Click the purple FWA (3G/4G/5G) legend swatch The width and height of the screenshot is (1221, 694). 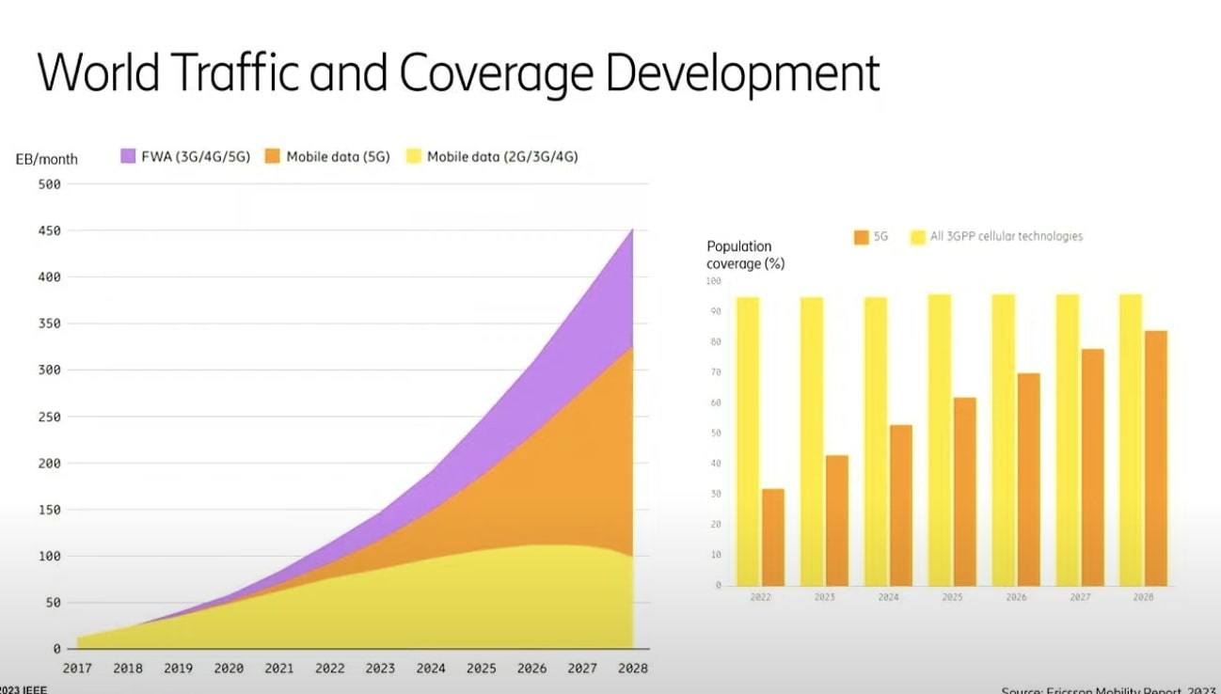[x=129, y=157]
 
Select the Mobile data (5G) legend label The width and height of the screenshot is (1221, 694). [x=338, y=157]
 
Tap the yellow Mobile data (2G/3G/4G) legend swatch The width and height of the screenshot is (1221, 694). [x=413, y=157]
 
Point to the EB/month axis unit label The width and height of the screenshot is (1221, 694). [x=47, y=159]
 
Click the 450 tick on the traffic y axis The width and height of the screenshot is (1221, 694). [x=50, y=230]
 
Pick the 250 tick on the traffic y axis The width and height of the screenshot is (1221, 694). [x=50, y=417]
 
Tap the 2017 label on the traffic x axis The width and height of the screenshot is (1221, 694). [x=77, y=669]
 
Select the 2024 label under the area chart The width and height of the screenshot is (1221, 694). [x=431, y=669]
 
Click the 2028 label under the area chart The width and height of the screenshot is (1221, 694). [x=632, y=669]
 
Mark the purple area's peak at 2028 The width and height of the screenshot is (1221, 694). [x=631, y=231]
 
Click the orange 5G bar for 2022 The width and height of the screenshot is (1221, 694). [x=773, y=537]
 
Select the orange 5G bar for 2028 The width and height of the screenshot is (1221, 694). [x=1155, y=458]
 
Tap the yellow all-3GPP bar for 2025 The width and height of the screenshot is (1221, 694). [x=940, y=439]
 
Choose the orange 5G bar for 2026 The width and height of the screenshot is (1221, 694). [x=1028, y=479]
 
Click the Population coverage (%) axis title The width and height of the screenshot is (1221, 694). [x=745, y=255]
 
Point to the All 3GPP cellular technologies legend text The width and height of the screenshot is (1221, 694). [x=1006, y=237]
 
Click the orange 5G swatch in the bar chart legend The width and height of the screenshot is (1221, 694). [x=861, y=237]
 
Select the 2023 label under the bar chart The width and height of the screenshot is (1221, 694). [x=825, y=597]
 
